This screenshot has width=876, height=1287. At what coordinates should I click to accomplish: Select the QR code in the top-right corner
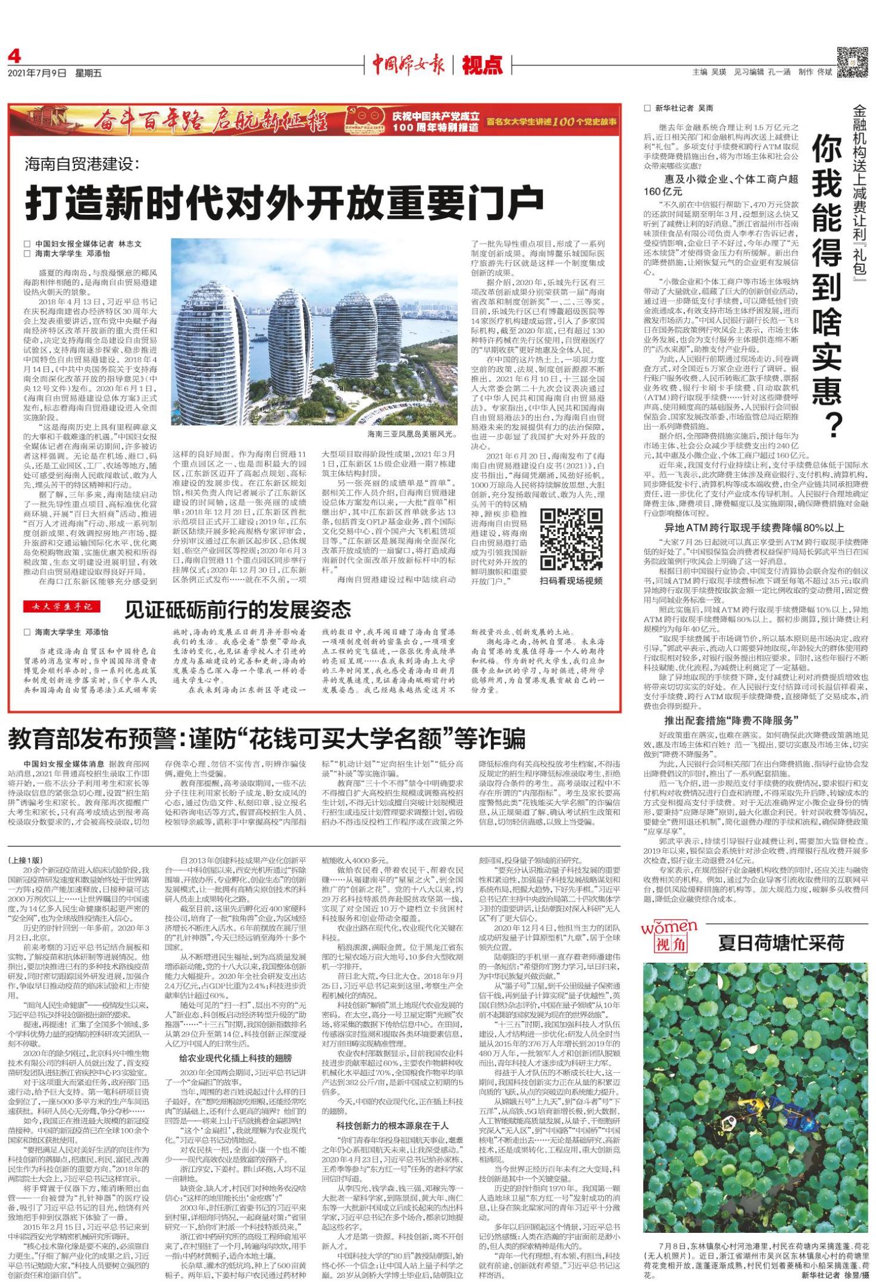(x=852, y=62)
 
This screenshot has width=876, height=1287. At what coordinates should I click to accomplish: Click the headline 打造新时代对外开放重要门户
(x=284, y=202)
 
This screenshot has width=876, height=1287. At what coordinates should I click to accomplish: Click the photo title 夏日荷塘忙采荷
(x=781, y=943)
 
